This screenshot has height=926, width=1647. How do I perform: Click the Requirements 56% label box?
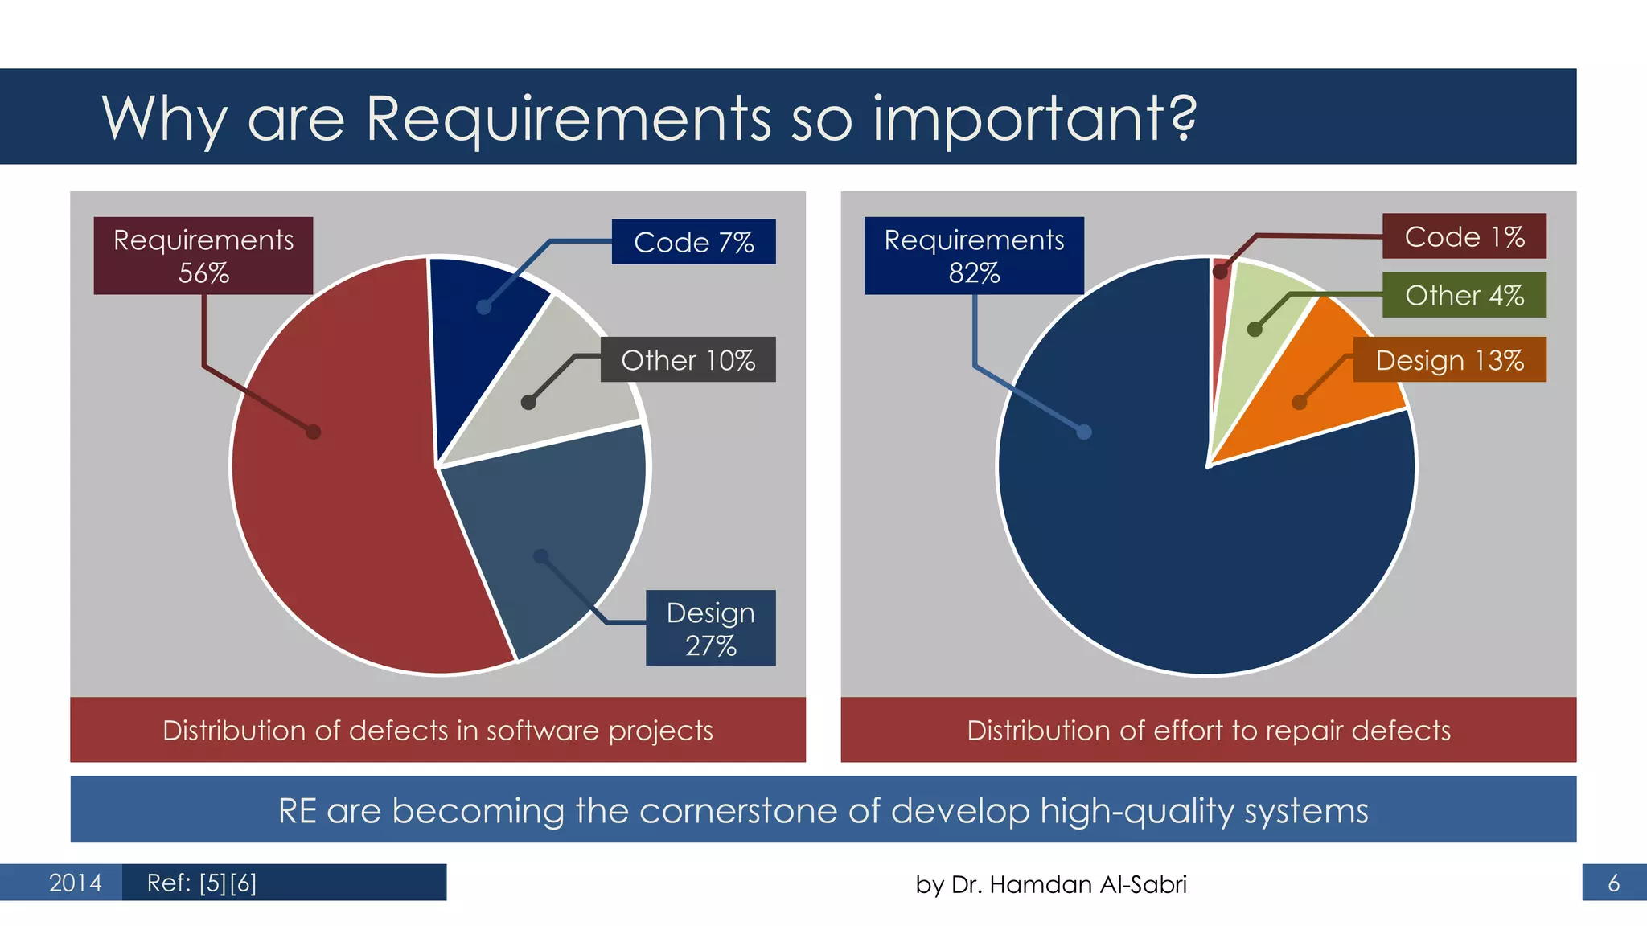coord(203,256)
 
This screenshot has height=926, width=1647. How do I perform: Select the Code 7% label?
coord(693,241)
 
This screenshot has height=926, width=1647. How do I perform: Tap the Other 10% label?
coord(688,359)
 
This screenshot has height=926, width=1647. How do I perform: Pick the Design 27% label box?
coord(710,628)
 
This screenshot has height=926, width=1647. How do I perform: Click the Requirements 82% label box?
coord(973,256)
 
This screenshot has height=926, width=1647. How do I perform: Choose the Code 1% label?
coord(1464,236)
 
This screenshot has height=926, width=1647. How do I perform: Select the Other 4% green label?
coord(1464,295)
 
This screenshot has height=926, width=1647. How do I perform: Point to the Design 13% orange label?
coord(1449,360)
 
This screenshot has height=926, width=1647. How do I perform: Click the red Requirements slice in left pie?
coord(338,498)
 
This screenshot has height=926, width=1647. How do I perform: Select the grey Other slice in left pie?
coord(555,394)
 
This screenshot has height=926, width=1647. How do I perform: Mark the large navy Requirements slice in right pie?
coord(1166,547)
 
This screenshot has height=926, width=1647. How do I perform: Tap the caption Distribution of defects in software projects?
coord(437,730)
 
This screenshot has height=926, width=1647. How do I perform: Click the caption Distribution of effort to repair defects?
coord(1208,730)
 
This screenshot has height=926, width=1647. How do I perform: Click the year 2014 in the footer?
coord(75,883)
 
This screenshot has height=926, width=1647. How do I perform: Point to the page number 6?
coord(1613,883)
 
